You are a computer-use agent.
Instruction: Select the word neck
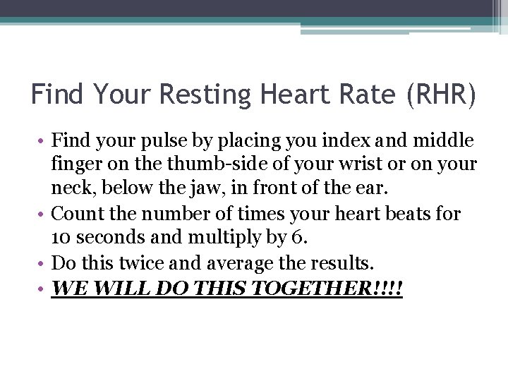(69, 189)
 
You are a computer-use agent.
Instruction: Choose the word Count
(74, 213)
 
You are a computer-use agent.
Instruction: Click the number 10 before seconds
(61, 238)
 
